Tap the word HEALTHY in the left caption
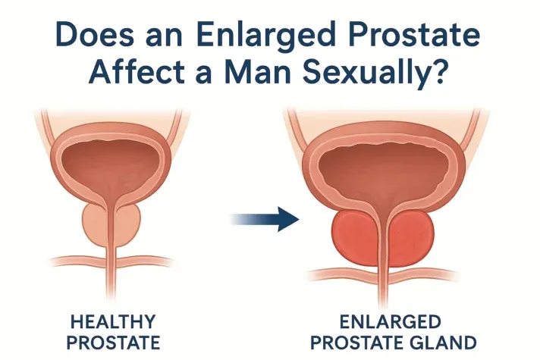coord(111,321)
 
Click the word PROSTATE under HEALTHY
coord(111,340)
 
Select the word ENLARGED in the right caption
coord(397,321)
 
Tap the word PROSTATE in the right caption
coord(370,340)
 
